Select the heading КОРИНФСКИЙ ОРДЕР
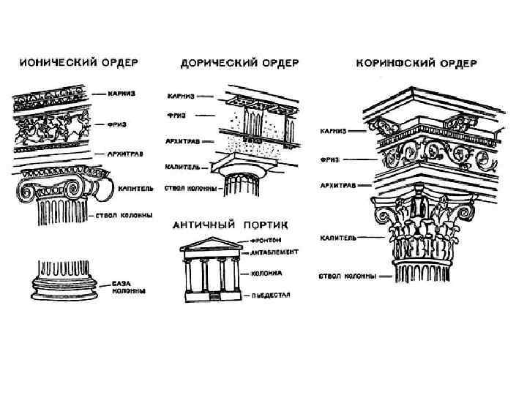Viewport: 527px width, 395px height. pos(416,63)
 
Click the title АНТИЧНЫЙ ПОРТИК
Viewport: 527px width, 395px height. pos(230,223)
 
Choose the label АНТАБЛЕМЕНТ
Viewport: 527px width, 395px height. pos(273,252)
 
